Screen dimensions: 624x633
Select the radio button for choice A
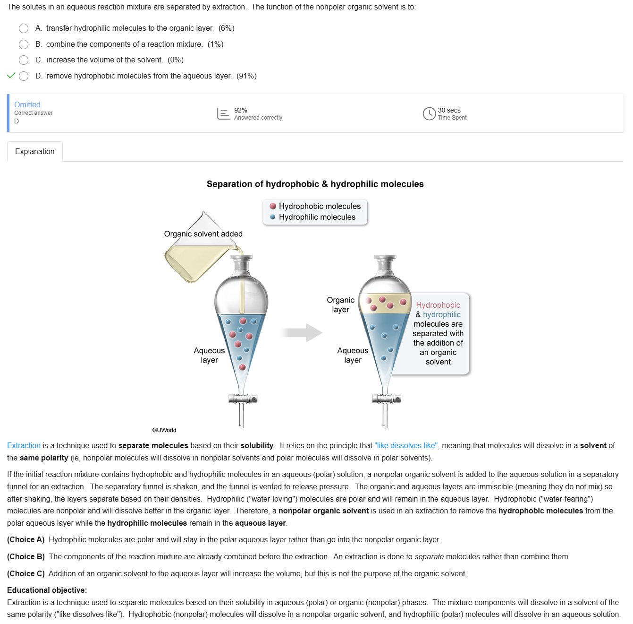(24, 28)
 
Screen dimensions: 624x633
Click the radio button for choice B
(24, 44)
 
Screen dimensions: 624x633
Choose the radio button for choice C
(24, 60)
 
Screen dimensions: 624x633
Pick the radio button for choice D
(24, 76)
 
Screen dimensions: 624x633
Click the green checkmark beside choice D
(11, 76)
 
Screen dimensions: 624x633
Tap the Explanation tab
(35, 152)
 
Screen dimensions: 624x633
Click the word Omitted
(27, 104)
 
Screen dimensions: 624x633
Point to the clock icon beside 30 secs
(429, 113)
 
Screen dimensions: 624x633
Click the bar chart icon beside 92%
(223, 113)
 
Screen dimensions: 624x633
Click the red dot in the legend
(273, 206)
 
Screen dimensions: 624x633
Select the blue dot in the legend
(273, 217)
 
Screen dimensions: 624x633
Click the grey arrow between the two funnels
(303, 333)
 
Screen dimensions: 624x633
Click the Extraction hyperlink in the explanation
(24, 445)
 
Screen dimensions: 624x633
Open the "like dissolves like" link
(406, 445)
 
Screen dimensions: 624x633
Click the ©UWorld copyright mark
(164, 430)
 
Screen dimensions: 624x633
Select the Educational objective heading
(47, 590)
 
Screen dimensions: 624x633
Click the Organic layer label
(340, 304)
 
